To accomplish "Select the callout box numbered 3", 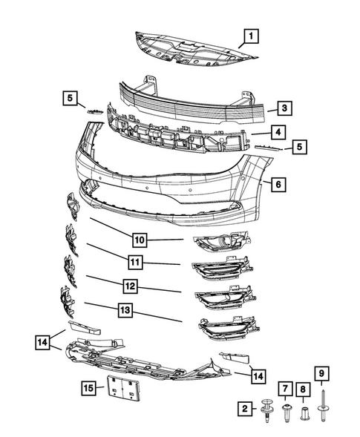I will coord(285,108).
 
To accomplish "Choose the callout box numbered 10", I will coord(140,239).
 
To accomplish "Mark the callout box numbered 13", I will coord(123,311).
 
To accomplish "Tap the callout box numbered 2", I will coord(244,407).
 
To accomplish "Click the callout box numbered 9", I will coord(322,372).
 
